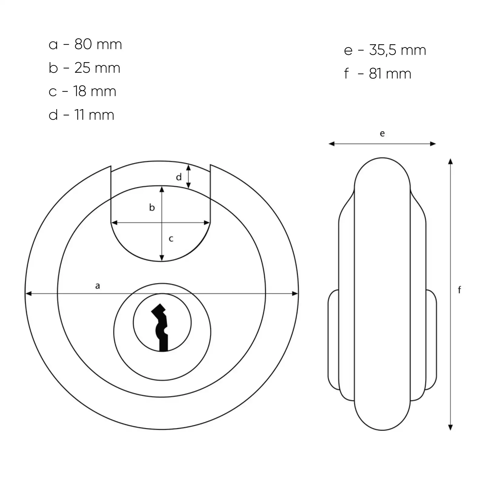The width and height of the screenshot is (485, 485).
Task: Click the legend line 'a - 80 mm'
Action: click(x=85, y=44)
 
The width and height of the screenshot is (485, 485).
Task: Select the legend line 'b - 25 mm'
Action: click(x=84, y=68)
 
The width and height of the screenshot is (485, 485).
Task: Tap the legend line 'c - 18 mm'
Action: click(x=82, y=91)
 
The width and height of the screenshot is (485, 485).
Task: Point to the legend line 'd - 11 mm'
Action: click(x=81, y=115)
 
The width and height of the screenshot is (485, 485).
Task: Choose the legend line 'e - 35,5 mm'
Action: click(x=385, y=50)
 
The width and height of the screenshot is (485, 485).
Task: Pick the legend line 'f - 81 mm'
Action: click(x=378, y=74)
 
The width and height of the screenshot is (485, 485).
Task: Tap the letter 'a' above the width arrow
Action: click(x=97, y=286)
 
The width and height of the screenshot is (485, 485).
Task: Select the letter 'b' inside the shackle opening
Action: click(x=152, y=207)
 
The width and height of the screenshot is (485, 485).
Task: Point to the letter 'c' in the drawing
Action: click(x=171, y=239)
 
